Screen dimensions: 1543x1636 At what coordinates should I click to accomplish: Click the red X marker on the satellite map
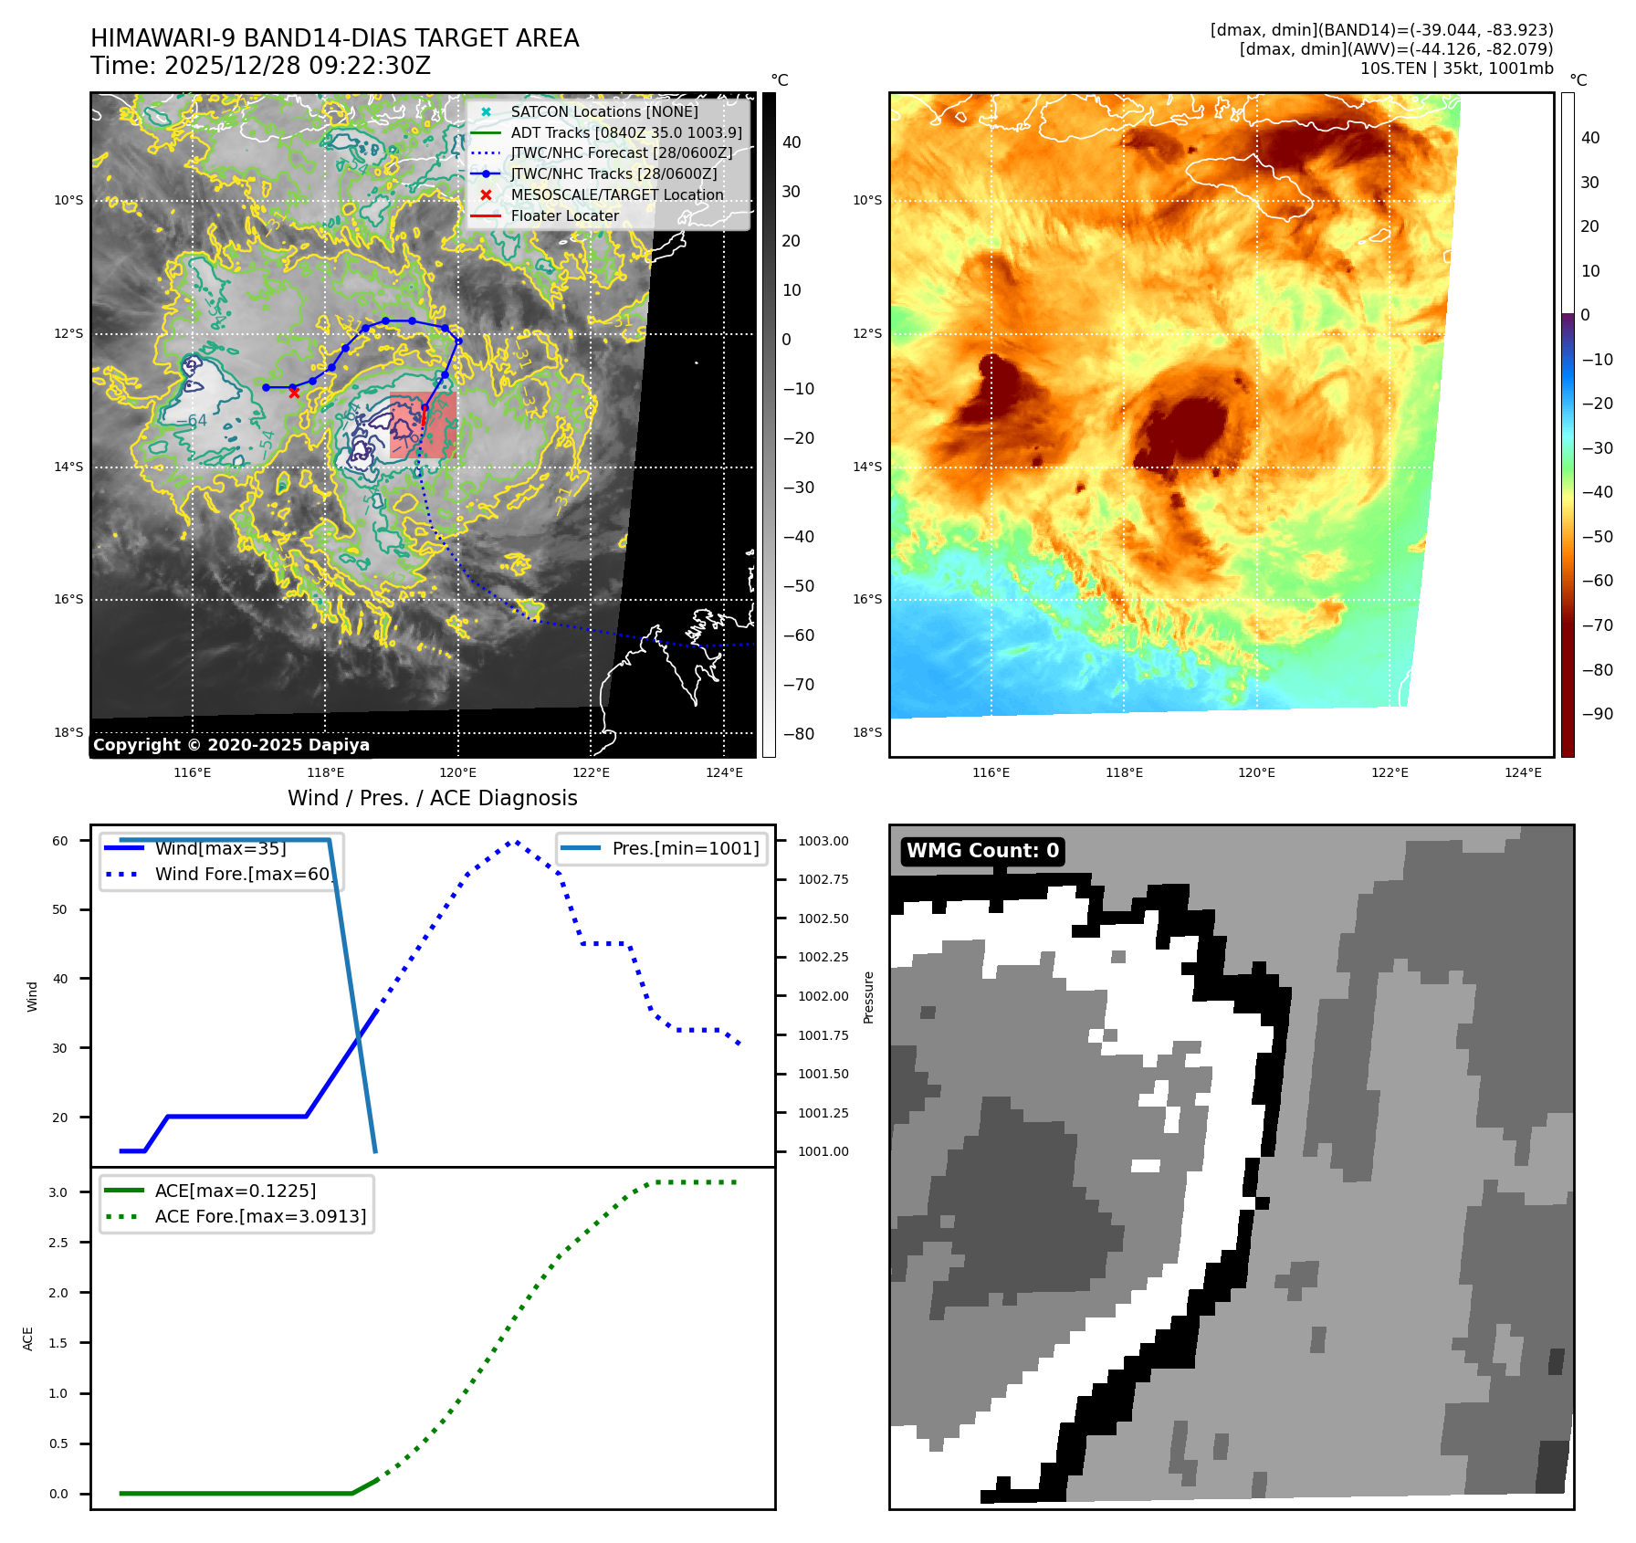[x=294, y=392]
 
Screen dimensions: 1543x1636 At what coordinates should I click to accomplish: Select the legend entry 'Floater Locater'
[x=564, y=215]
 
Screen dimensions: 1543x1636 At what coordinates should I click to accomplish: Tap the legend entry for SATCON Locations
[x=603, y=111]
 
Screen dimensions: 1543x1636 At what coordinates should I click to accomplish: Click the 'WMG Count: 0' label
[x=982, y=851]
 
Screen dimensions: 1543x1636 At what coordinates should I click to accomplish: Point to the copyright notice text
[x=231, y=745]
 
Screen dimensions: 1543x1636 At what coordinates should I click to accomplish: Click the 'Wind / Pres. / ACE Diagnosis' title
[x=432, y=798]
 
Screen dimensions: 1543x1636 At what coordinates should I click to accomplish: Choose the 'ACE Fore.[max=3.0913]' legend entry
[x=260, y=1216]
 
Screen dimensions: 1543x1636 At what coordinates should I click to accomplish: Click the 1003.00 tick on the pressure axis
[x=823, y=841]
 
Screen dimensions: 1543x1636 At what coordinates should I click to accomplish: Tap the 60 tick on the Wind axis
[x=60, y=841]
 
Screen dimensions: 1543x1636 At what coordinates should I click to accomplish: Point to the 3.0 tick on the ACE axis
[x=58, y=1192]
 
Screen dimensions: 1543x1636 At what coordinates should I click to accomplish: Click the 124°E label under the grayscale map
[x=724, y=772]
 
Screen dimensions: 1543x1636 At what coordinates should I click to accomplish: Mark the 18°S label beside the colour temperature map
[x=867, y=732]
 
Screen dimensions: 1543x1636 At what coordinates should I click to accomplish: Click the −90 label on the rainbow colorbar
[x=1597, y=714]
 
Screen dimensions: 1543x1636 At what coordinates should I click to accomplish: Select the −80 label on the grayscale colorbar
[x=798, y=734]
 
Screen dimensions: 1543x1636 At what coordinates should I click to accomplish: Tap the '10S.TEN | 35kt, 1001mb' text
[x=1456, y=68]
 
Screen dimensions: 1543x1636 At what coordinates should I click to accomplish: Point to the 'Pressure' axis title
[x=869, y=997]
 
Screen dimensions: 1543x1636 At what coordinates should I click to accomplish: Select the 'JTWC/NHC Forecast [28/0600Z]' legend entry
[x=621, y=152]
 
